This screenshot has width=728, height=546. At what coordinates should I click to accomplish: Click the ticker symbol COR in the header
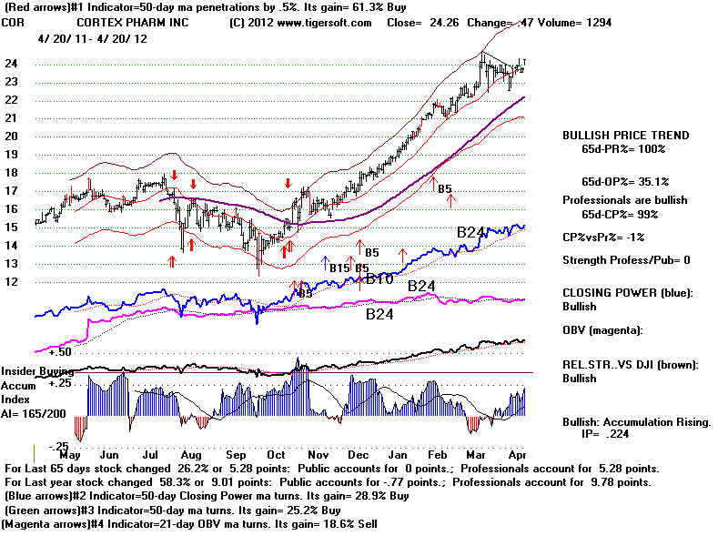pyautogui.click(x=14, y=22)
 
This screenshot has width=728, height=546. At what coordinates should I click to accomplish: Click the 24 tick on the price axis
pyautogui.click(x=12, y=64)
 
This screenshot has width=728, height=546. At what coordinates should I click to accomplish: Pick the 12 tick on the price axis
pyautogui.click(x=12, y=282)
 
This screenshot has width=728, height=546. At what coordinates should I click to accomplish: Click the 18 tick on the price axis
pyautogui.click(x=12, y=173)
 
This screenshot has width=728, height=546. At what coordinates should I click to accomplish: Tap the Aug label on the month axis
pyautogui.click(x=190, y=452)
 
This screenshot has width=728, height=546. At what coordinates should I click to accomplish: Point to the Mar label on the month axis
pyautogui.click(x=482, y=452)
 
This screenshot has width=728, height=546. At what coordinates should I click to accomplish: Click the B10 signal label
pyautogui.click(x=379, y=279)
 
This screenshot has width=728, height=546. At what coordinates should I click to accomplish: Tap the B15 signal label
pyautogui.click(x=339, y=268)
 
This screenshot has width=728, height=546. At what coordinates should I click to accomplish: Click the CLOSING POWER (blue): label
pyautogui.click(x=626, y=293)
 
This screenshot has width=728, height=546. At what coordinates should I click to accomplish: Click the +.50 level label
pyautogui.click(x=61, y=351)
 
